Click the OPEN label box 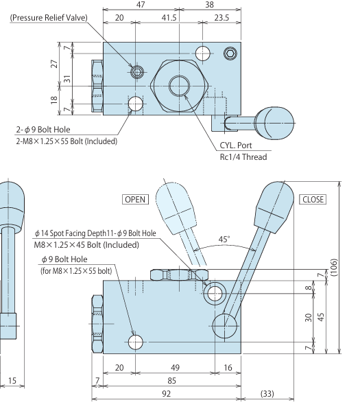(135, 200)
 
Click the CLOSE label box (313, 200)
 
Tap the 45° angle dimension (224, 240)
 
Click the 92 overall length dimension (167, 393)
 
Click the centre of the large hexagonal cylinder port (180, 85)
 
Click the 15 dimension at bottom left (12, 380)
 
